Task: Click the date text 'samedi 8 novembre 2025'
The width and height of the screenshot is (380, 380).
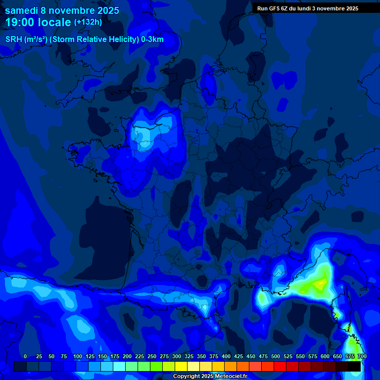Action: (x=62, y=10)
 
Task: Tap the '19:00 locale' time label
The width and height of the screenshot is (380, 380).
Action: (x=38, y=22)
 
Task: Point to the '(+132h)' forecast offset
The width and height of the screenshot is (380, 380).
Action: (x=88, y=22)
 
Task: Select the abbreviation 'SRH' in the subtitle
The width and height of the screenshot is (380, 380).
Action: (x=14, y=40)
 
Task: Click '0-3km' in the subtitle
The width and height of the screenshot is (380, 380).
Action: (x=152, y=40)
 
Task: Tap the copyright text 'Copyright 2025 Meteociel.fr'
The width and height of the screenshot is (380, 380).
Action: (x=210, y=377)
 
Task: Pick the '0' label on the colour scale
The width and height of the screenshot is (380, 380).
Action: (x=25, y=356)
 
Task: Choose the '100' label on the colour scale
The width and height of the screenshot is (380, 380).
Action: (x=78, y=356)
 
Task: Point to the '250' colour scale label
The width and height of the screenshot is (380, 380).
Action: (x=152, y=356)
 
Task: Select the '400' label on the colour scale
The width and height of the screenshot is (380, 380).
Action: (x=226, y=356)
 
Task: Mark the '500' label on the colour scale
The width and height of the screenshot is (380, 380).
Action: (x=276, y=356)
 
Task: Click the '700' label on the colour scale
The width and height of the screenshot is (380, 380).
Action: (x=362, y=356)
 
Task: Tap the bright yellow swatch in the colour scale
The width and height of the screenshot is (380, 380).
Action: (x=181, y=366)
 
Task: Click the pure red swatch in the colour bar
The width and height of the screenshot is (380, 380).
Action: (x=280, y=366)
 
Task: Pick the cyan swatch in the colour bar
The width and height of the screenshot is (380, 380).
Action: (x=119, y=366)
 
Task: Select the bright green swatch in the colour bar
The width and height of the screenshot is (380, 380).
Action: (x=156, y=366)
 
